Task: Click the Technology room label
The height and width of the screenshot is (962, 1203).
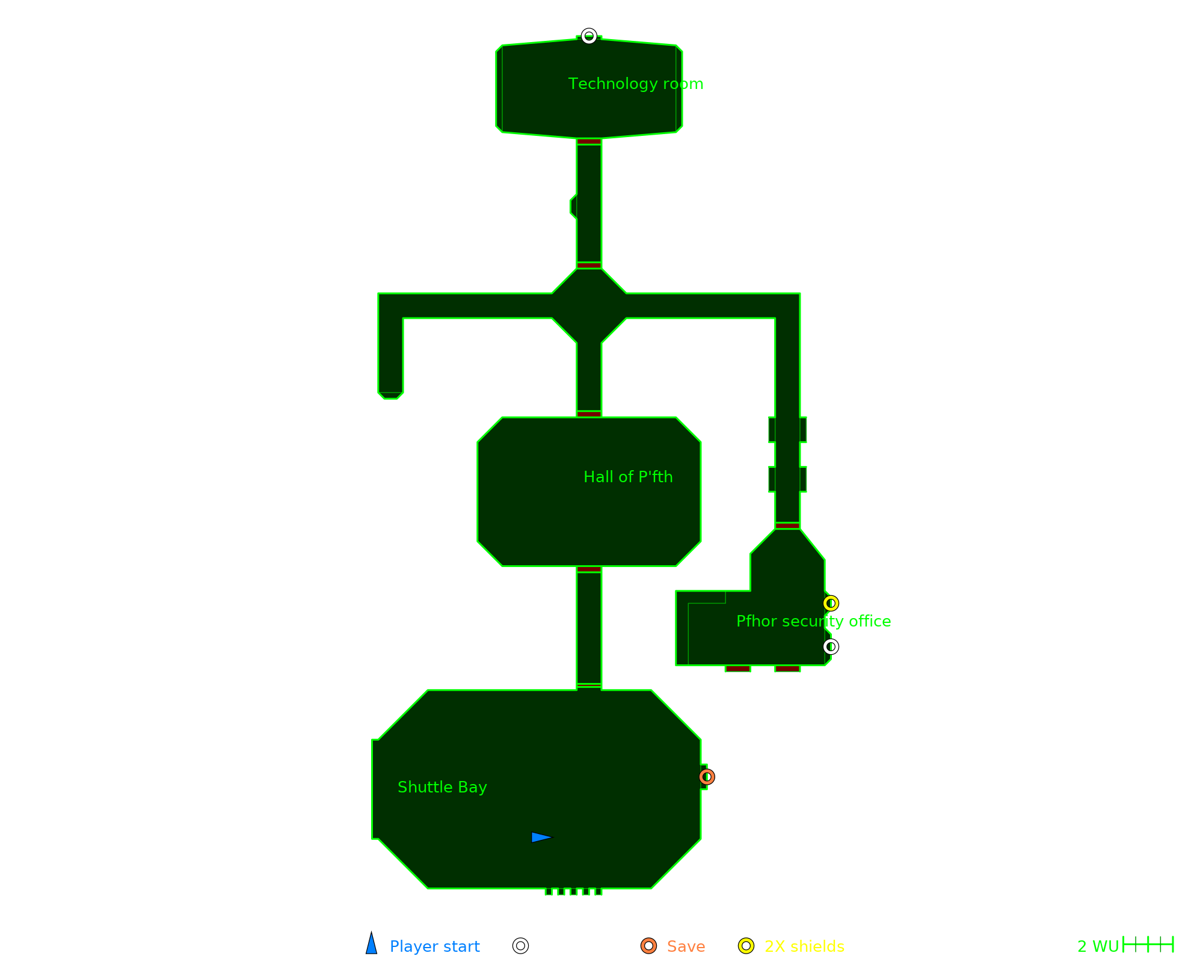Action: [x=636, y=84]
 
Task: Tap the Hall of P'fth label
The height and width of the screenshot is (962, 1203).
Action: [x=628, y=477]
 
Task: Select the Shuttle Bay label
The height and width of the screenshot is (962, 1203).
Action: [x=442, y=787]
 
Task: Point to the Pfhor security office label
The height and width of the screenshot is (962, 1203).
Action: [x=813, y=621]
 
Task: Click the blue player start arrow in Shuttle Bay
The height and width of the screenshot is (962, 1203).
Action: [x=541, y=837]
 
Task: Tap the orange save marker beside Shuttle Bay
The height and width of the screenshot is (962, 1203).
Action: [x=707, y=777]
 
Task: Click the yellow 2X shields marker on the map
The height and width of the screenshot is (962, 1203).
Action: [x=831, y=603]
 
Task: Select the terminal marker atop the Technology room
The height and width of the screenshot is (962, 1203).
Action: [x=589, y=36]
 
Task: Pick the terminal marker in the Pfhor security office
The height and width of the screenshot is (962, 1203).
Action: [x=831, y=646]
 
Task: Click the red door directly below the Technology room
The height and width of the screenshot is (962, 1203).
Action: [x=589, y=142]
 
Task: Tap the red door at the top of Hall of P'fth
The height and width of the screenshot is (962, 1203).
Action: [x=589, y=414]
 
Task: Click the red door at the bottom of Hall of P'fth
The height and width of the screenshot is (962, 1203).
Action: [x=589, y=569]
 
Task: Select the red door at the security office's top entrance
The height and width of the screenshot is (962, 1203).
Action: [x=787, y=525]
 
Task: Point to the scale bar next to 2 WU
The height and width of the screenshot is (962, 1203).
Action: [x=1148, y=945]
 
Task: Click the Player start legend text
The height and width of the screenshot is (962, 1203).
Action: [x=434, y=946]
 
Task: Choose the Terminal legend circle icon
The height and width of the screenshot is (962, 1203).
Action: [x=520, y=946]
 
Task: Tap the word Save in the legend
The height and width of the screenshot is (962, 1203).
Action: [x=686, y=946]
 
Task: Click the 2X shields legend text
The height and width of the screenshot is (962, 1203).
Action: [x=804, y=946]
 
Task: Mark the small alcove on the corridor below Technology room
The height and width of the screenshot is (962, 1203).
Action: [x=573, y=206]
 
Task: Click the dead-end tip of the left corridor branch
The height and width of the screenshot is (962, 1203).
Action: [x=390, y=395]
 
